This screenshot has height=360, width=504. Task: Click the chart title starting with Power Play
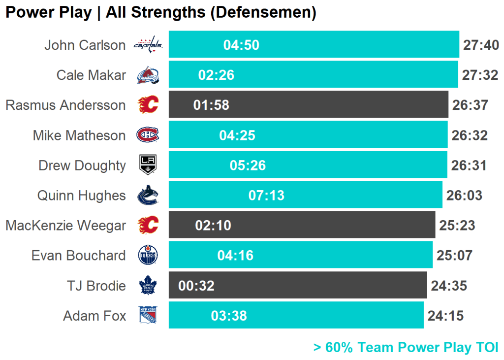tap(160, 12)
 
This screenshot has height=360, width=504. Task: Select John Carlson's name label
tap(85, 45)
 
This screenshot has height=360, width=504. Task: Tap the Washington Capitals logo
tap(148, 45)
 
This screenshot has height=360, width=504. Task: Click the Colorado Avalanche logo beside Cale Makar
tap(148, 75)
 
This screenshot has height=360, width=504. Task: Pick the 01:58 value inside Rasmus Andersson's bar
tap(211, 105)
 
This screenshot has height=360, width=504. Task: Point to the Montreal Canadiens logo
tap(148, 135)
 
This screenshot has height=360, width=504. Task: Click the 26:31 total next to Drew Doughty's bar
tap(469, 165)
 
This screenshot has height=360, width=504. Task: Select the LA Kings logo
tap(148, 165)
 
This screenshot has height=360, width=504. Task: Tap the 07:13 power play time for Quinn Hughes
tap(266, 196)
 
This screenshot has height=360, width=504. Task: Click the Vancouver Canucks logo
tap(148, 196)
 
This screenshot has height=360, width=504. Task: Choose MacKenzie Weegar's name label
tap(65, 226)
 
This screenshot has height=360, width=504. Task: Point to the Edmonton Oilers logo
tap(148, 256)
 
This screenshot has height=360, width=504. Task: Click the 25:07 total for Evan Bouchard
tap(454, 256)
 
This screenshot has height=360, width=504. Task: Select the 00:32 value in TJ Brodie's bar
tap(196, 286)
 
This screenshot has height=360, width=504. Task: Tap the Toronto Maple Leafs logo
tap(148, 286)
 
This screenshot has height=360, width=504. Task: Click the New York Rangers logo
tap(148, 315)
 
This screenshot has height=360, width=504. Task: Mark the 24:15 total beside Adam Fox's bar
tap(445, 316)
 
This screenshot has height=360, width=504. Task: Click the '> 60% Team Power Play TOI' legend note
tap(406, 348)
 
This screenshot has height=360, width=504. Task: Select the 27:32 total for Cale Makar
tap(480, 75)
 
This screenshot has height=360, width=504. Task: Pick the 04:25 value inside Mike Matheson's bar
tap(237, 135)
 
